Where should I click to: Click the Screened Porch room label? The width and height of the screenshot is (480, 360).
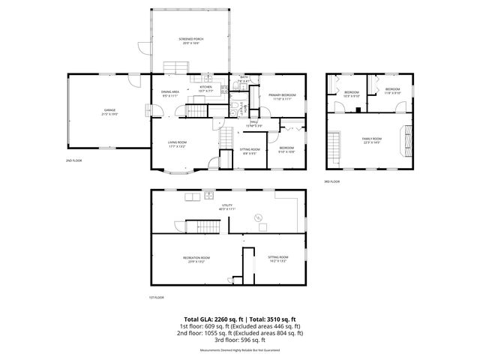pos(191,40)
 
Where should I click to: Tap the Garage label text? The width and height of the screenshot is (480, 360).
pos(109,112)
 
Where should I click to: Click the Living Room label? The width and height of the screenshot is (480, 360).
pos(177,144)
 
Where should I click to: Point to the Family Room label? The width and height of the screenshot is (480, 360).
pos(372,140)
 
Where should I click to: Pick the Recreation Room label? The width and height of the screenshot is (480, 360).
pos(196,259)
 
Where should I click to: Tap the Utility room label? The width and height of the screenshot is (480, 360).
pos(227,207)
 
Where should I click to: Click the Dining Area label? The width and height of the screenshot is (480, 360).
pos(170,94)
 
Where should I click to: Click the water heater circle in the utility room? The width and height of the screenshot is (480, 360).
pos(259,218)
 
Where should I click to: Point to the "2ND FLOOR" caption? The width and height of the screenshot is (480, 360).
pos(73,160)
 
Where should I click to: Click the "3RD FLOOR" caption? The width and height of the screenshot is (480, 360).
pos(331,181)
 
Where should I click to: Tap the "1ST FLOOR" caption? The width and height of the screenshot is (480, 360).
pos(156,297)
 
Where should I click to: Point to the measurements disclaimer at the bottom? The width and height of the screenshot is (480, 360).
pos(240,350)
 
